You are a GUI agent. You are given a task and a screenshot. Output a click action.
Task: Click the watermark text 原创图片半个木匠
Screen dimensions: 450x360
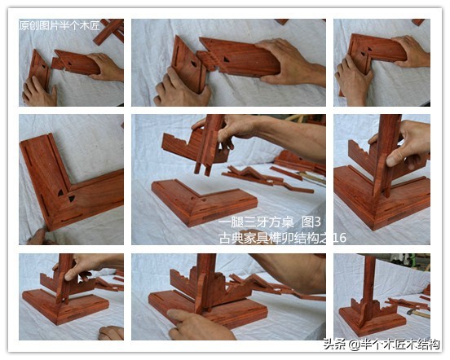point(60,25)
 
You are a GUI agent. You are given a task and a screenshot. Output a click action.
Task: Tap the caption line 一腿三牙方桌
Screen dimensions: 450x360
point(256,222)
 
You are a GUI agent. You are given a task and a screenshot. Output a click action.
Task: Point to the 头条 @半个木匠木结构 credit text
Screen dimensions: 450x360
point(382,345)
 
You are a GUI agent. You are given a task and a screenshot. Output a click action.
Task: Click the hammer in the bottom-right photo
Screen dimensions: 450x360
point(418,314)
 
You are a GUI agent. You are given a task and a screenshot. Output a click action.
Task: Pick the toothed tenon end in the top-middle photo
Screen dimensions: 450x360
point(206,60)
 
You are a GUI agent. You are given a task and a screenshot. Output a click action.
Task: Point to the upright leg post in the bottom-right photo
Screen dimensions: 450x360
point(368,287)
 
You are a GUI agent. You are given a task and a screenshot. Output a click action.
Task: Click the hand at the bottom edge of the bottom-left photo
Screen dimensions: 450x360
point(112,333)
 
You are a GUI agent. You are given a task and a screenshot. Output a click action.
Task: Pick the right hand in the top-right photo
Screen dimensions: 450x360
point(412,52)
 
